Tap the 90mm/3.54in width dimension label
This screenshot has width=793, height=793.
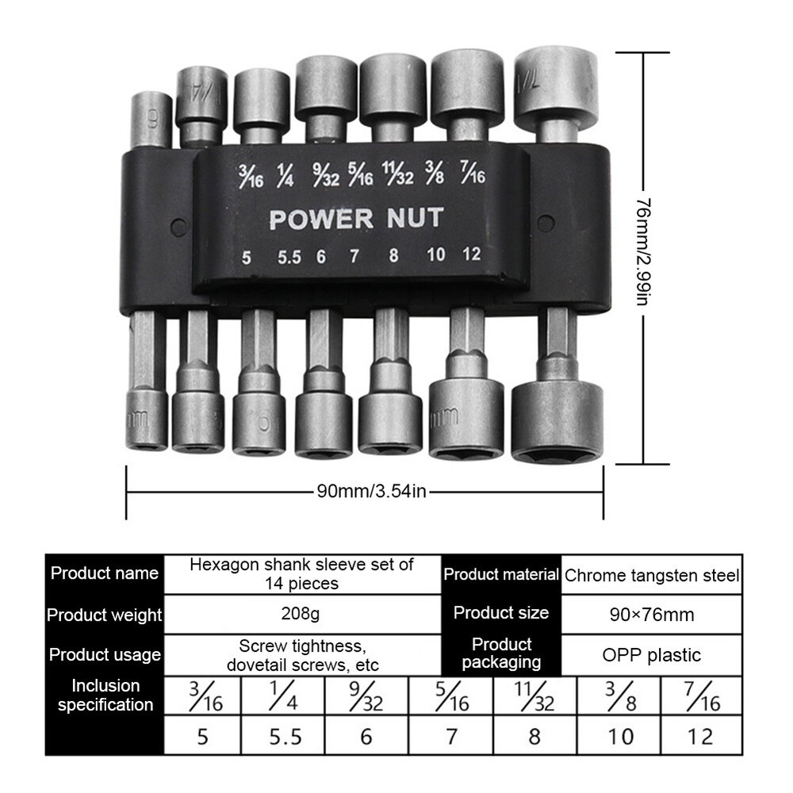372,491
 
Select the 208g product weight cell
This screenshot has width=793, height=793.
301,613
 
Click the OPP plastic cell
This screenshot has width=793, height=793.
651,655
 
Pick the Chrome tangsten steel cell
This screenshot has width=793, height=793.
652,575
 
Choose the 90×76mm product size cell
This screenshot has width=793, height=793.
651,614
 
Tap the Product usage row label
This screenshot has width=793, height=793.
105,655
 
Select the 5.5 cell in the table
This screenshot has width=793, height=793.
285,737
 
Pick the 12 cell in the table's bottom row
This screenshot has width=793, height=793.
701,737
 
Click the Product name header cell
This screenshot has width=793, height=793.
105,573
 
